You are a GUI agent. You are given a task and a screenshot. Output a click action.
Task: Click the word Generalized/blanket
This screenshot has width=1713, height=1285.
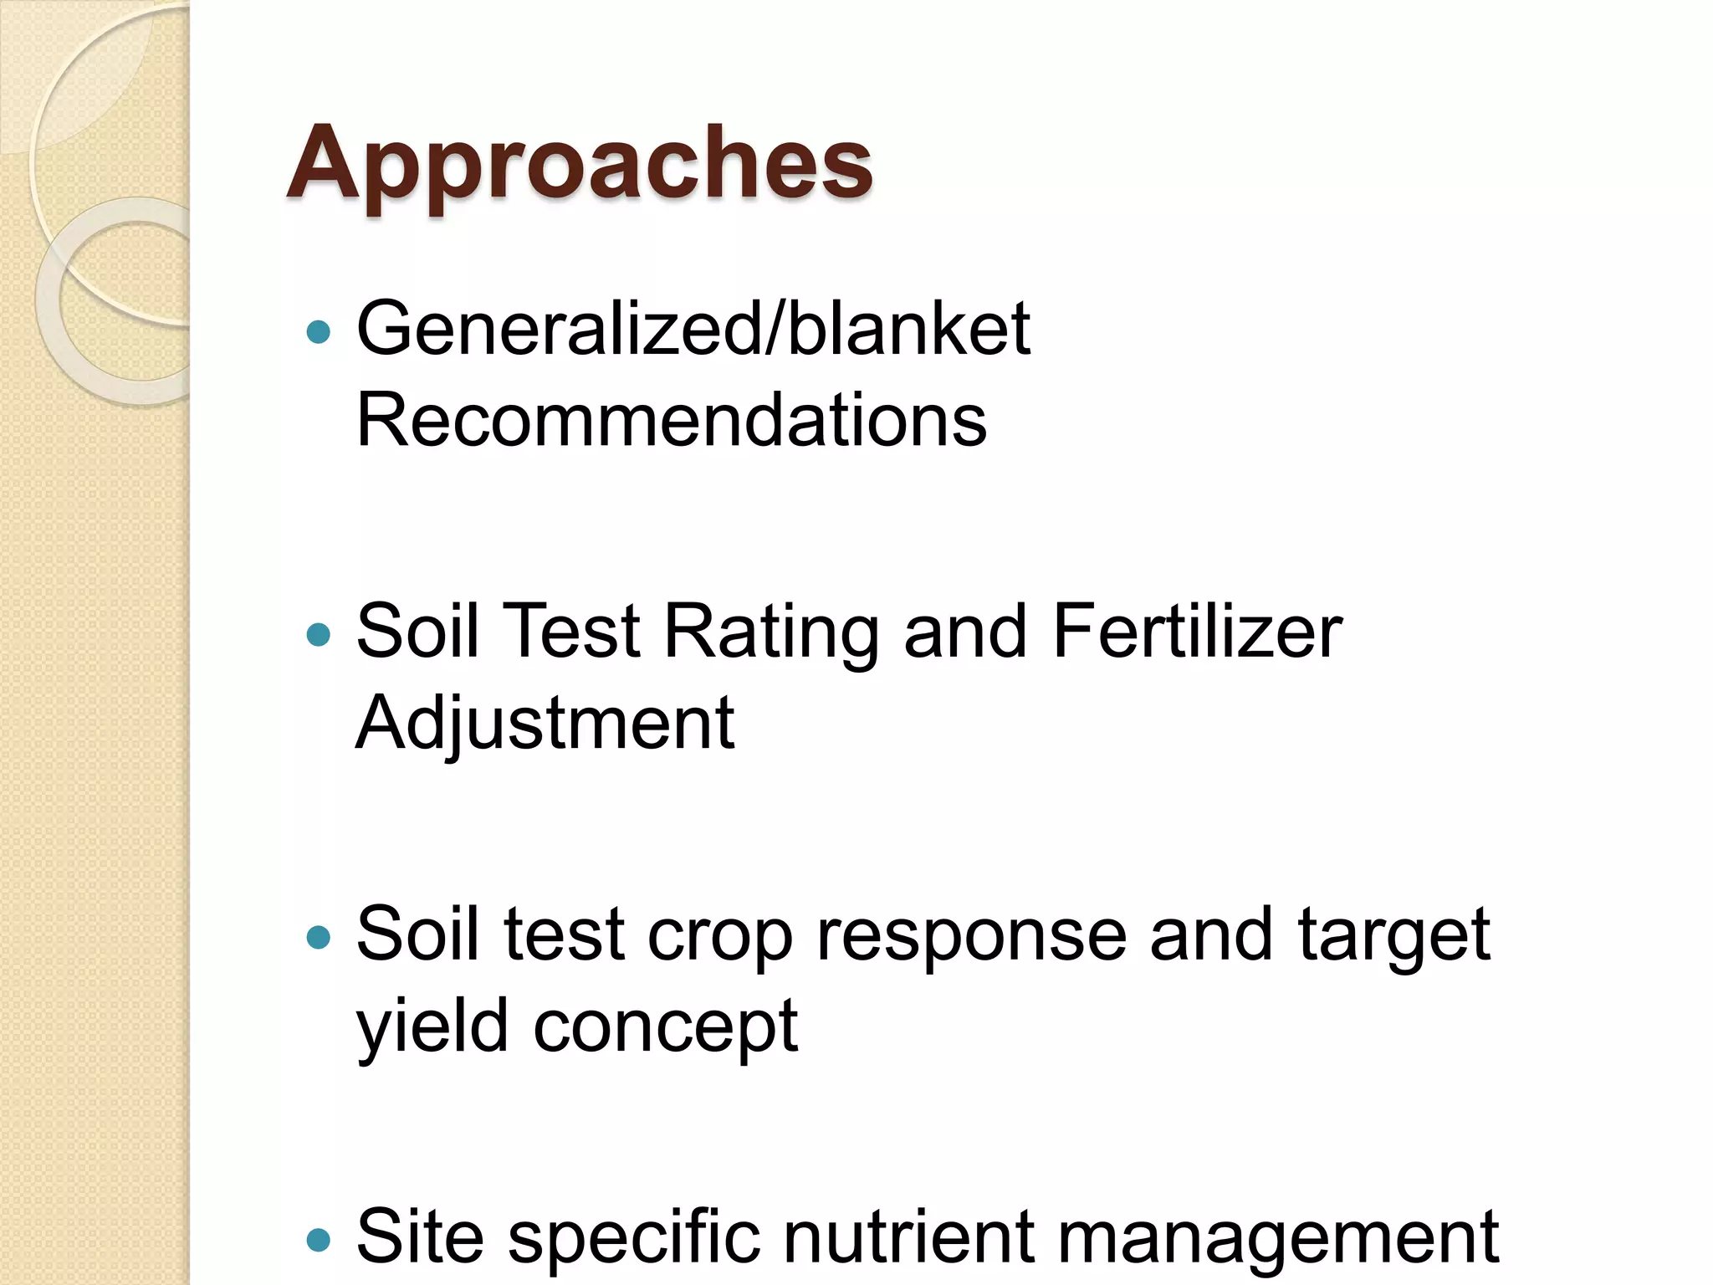tap(693, 330)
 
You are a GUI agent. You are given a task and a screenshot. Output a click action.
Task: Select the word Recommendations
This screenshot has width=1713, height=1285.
tap(671, 420)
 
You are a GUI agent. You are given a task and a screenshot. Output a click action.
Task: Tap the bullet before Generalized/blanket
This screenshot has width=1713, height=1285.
tap(319, 333)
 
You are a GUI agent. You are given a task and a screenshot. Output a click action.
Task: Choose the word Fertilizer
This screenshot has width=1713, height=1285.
tap(1197, 632)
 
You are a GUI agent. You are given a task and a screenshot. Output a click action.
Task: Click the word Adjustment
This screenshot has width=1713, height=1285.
tap(545, 724)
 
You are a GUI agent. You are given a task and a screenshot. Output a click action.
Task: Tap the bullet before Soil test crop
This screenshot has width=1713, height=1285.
tap(319, 937)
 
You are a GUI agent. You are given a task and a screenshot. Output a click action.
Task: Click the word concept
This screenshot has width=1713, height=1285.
tap(665, 1028)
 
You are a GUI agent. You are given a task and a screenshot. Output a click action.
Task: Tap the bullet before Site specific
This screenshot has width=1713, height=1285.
tap(319, 1239)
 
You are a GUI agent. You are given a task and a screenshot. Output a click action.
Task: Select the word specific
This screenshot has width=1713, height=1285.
tap(632, 1239)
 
